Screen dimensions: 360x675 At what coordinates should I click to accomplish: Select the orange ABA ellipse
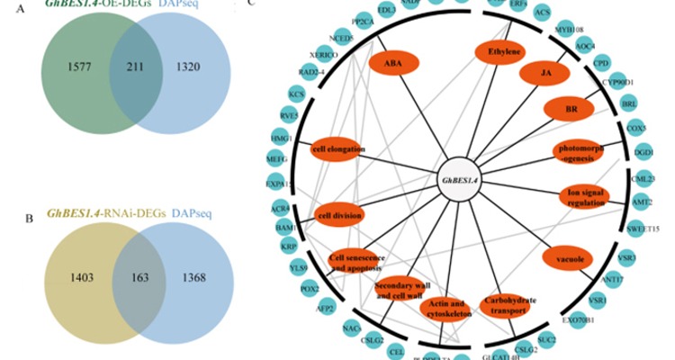pos(392,65)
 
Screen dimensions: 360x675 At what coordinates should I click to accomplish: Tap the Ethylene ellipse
pos(505,52)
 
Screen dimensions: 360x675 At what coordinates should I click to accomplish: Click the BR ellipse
pos(570,108)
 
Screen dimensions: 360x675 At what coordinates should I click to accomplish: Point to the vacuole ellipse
pos(570,259)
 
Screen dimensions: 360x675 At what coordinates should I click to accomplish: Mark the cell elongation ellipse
pos(337,148)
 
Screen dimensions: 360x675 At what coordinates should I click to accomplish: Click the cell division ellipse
pos(338,215)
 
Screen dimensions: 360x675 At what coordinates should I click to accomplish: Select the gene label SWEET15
pos(643,229)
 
